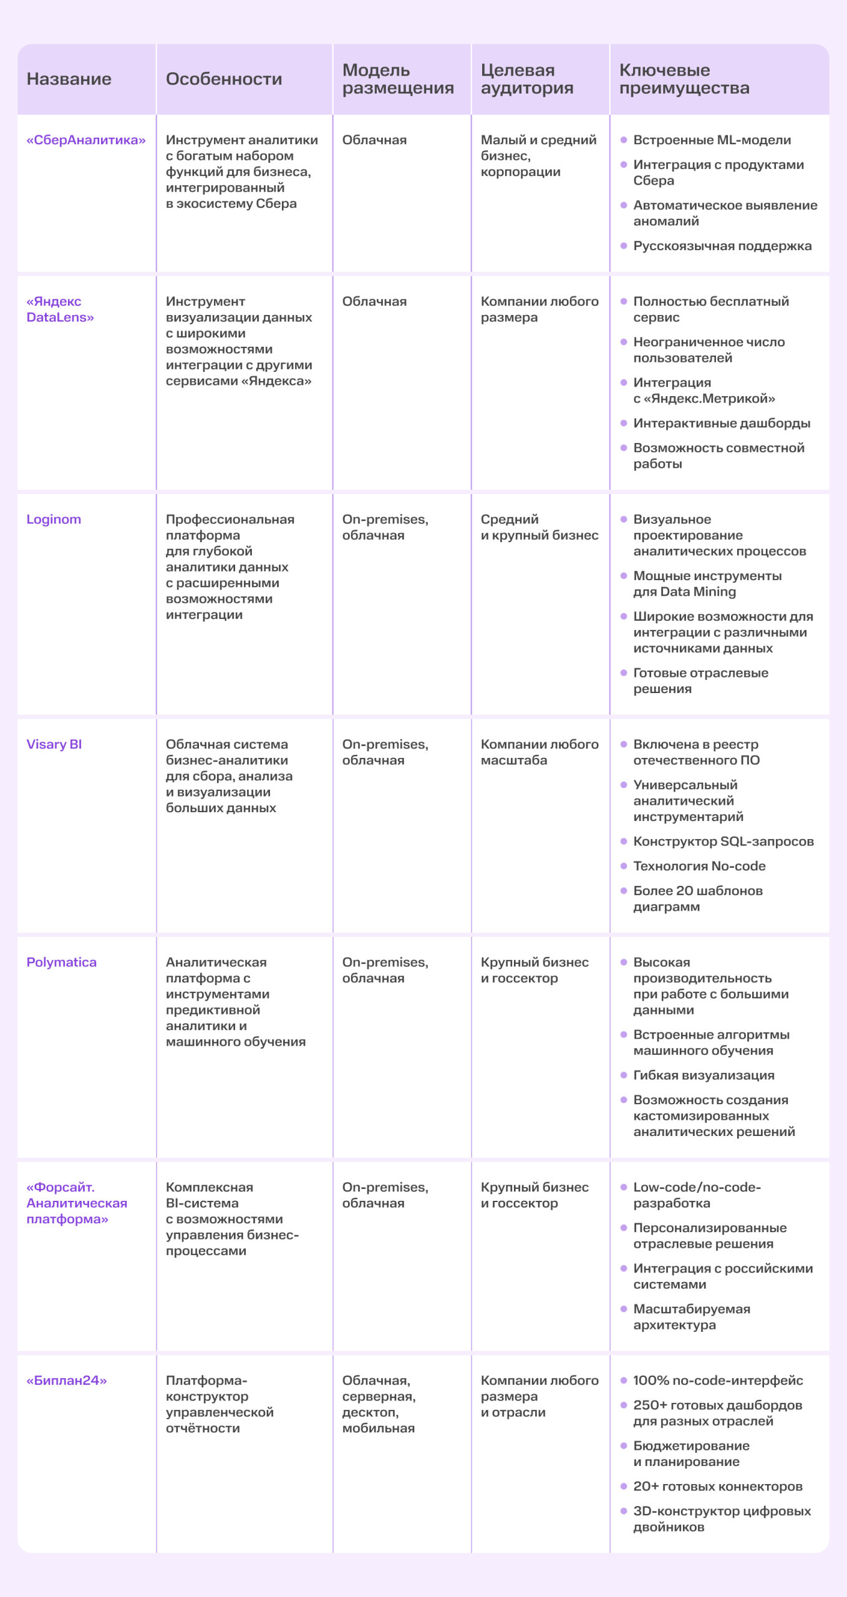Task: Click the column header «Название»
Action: click(69, 79)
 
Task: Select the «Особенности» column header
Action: click(224, 79)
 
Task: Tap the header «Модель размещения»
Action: click(398, 79)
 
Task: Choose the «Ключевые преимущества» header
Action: click(684, 79)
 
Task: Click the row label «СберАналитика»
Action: click(86, 140)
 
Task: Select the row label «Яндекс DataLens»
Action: click(60, 309)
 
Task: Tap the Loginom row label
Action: click(54, 520)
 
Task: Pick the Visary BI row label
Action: click(54, 744)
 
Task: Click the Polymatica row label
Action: click(61, 962)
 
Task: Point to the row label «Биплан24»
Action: click(67, 1381)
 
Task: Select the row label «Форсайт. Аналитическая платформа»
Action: click(77, 1203)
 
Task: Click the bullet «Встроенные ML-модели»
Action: click(712, 140)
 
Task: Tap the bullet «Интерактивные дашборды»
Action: click(722, 423)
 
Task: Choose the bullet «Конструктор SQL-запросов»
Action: click(724, 842)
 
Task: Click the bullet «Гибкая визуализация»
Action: click(704, 1075)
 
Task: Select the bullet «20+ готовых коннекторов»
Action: click(717, 1487)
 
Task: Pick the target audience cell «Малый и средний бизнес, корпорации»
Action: click(538, 156)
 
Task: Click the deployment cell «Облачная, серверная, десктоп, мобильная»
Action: click(379, 1404)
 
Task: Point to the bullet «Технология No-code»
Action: click(699, 866)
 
